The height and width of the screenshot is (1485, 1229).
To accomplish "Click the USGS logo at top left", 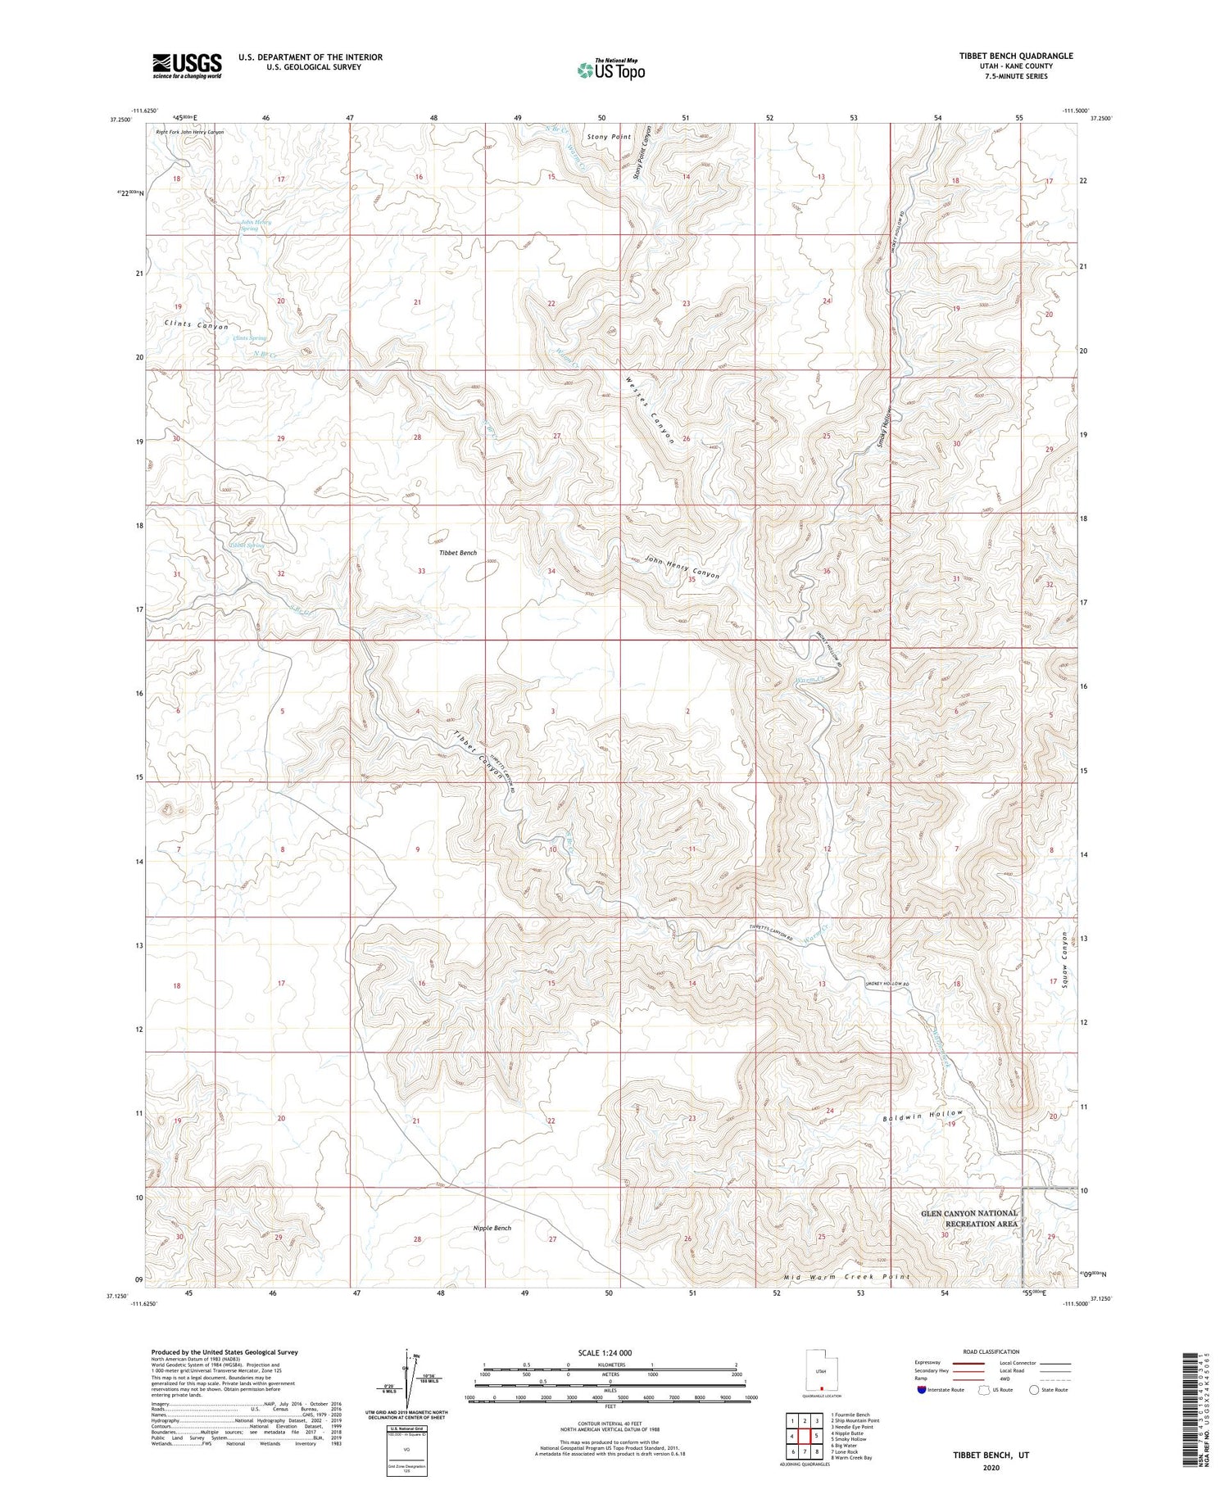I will click(x=187, y=65).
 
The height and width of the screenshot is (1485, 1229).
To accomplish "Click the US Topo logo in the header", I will click(x=610, y=70).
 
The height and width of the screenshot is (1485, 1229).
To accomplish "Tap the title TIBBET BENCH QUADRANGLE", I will click(x=1005, y=56).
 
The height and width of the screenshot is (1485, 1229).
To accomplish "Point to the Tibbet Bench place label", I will click(x=457, y=553).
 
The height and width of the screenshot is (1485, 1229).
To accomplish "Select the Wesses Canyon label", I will click(x=650, y=410).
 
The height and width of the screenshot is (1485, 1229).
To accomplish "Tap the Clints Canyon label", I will click(x=196, y=325).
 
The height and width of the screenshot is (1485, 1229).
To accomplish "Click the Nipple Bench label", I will click(x=492, y=1228).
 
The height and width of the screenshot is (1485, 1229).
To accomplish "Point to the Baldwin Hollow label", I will click(x=923, y=1117).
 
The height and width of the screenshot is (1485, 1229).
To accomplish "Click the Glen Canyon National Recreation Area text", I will click(x=969, y=1218).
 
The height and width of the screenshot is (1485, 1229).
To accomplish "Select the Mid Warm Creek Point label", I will click(x=846, y=1276).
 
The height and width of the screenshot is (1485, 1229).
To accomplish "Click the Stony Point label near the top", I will click(x=609, y=137).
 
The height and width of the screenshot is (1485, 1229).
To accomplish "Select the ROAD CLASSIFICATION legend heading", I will click(x=991, y=1351).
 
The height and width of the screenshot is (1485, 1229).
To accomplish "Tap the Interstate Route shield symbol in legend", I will click(x=923, y=1390).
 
